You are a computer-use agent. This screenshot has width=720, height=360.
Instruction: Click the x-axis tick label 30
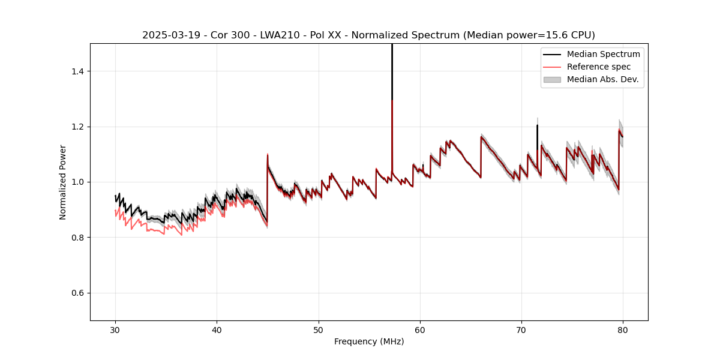(x=115, y=330)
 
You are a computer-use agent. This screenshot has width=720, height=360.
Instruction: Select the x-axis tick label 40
(x=217, y=330)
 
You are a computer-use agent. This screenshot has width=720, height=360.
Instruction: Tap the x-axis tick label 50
(x=318, y=330)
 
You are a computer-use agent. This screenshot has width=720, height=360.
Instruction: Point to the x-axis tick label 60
(x=419, y=330)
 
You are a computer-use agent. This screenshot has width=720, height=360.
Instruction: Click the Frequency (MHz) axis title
(x=369, y=341)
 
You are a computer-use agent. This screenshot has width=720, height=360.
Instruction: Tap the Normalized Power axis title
(x=63, y=182)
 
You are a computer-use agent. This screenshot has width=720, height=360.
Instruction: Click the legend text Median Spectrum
(x=603, y=54)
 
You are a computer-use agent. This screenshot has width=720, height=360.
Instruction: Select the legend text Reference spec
(x=599, y=67)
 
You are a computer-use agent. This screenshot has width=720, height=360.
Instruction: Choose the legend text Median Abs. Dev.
(x=603, y=79)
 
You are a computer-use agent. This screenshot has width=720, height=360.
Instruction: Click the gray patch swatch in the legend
(x=552, y=79)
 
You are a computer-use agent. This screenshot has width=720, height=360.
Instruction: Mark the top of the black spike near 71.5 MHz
(x=537, y=125)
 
